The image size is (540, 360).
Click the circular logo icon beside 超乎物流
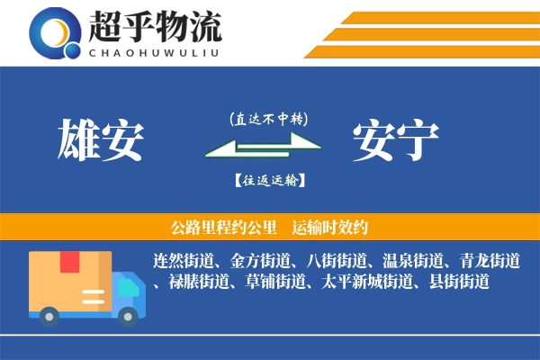click(55, 32)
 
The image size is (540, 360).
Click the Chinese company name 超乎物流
click(155, 24)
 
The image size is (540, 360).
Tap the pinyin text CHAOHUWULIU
click(155, 50)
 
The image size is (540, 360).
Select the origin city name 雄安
click(101, 141)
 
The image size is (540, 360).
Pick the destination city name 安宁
click(396, 141)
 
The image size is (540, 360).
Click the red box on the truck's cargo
click(70, 263)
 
